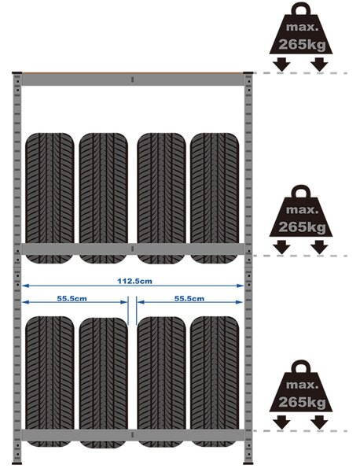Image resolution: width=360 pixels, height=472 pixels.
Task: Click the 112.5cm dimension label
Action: click(x=134, y=281)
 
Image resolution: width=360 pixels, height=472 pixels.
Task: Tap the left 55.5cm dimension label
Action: click(x=72, y=299)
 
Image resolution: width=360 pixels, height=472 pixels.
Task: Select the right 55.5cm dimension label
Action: click(x=189, y=299)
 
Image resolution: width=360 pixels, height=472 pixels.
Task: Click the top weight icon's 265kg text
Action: click(x=302, y=45)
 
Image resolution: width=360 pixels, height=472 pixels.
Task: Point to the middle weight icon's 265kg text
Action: click(x=302, y=227)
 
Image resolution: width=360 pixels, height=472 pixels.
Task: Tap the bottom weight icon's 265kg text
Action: click(x=302, y=402)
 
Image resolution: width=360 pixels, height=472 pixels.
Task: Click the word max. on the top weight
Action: click(x=302, y=27)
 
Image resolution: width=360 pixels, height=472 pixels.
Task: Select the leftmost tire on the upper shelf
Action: click(x=50, y=198)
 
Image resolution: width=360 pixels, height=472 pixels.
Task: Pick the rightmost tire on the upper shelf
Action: click(x=215, y=198)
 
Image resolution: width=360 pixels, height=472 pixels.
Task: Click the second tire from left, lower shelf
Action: click(x=104, y=382)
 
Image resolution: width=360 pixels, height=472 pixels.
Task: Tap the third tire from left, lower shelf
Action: click(x=161, y=382)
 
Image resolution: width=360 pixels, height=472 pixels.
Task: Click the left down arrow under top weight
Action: click(x=281, y=65)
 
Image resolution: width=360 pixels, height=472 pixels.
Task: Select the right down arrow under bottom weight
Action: click(x=319, y=422)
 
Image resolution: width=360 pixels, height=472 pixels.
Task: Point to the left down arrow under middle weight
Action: click(x=281, y=247)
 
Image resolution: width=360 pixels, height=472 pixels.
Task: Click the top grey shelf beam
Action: click(x=133, y=79)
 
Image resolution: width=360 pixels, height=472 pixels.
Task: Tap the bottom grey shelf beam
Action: click(x=133, y=435)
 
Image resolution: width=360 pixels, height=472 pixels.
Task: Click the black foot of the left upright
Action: click(x=17, y=463)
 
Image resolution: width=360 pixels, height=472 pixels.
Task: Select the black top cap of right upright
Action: click(x=248, y=73)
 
